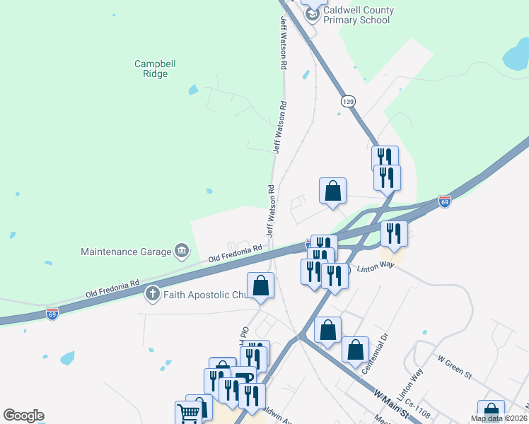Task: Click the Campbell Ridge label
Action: (x=155, y=69)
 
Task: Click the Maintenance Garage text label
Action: (x=126, y=252)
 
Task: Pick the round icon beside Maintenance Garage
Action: (x=182, y=251)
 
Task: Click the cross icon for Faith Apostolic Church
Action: (x=152, y=294)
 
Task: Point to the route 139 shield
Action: (x=347, y=102)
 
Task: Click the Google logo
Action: (x=23, y=416)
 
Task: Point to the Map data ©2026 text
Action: (x=499, y=418)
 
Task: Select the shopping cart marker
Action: (x=188, y=413)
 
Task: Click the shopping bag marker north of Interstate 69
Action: (x=332, y=191)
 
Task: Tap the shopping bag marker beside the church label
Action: (x=261, y=286)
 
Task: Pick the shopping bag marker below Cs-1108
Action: (x=491, y=412)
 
